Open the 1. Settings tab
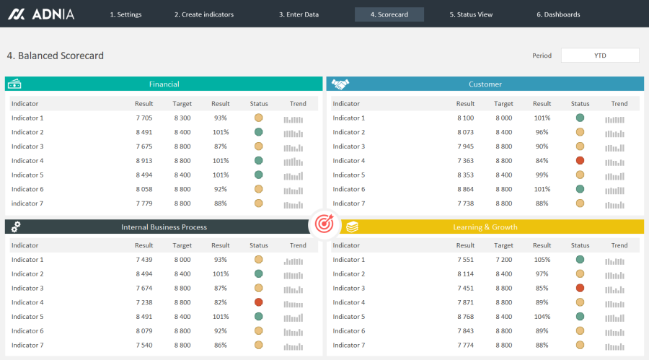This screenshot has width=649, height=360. tap(125, 14)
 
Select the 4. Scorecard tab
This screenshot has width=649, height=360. tap(389, 14)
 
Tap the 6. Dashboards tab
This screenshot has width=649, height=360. tap(557, 14)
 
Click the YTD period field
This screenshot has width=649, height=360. tap(600, 56)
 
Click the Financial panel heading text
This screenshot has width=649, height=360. tap(164, 84)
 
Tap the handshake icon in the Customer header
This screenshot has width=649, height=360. tap(340, 84)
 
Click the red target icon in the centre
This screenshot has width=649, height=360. tap(324, 225)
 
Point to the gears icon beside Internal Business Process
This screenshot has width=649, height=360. tap(16, 227)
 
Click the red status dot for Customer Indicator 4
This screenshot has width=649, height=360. tap(580, 161)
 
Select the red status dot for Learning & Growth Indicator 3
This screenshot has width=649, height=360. tap(580, 288)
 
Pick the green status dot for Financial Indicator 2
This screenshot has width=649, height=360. tap(258, 132)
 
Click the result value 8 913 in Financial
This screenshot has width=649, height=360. tap(144, 161)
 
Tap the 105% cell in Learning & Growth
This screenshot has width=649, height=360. tap(542, 260)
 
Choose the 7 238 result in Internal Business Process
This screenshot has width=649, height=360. tap(144, 302)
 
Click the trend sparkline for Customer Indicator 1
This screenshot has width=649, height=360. tap(615, 118)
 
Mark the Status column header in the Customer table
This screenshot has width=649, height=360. tap(580, 104)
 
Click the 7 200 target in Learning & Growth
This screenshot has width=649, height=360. tap(503, 260)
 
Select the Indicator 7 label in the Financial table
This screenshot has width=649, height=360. tap(27, 203)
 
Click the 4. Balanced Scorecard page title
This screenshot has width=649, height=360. tap(55, 56)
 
